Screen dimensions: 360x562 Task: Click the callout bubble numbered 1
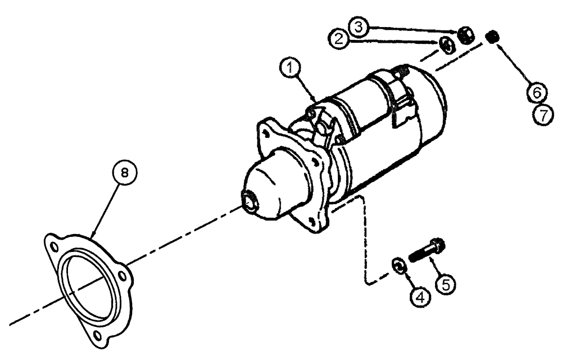click(x=289, y=69)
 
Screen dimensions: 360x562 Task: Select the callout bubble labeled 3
click(x=360, y=26)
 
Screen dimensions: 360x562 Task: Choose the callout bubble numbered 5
click(x=446, y=284)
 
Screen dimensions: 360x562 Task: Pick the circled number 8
click(x=125, y=173)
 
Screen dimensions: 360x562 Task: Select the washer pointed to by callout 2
click(x=445, y=46)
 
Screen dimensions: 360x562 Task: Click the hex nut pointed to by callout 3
click(x=466, y=35)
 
